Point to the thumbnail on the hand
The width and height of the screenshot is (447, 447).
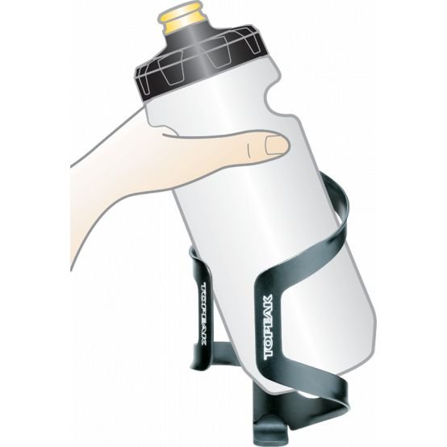click(276, 145)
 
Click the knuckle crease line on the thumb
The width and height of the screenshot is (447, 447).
click(249, 150)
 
